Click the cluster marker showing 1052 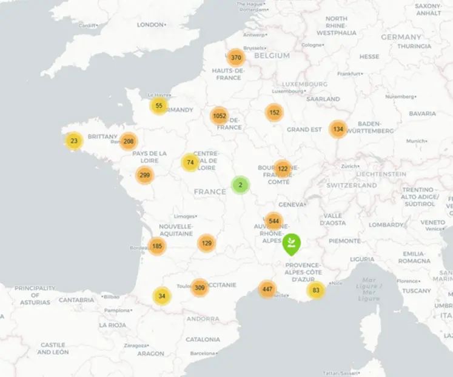[x=220, y=116]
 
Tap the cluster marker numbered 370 [x=236, y=58]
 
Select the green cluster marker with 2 [x=241, y=185]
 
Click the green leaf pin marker [x=292, y=244]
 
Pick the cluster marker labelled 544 [x=274, y=221]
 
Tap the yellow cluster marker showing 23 [x=74, y=141]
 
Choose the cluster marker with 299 [x=144, y=176]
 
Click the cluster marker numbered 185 [x=157, y=246]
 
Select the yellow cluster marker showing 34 [x=161, y=296]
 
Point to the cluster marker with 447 [x=267, y=289]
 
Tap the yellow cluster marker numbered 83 [x=316, y=290]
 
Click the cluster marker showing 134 [x=338, y=129]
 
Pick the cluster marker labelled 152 [x=274, y=112]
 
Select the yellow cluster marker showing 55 [x=159, y=105]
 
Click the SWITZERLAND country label [x=352, y=185]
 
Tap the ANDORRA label [x=203, y=319]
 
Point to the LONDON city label [x=150, y=25]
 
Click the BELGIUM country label [x=272, y=55]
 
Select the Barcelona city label [x=203, y=353]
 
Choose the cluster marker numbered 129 [x=207, y=243]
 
